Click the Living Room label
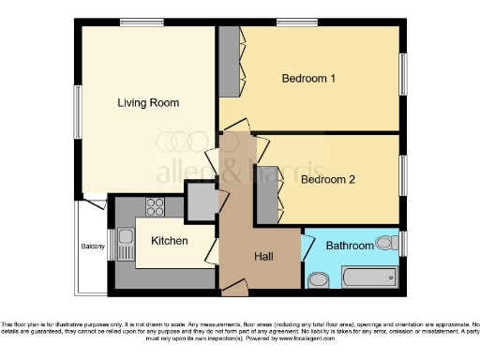[148, 102]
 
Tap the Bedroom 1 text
[308, 79]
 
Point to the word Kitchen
[170, 241]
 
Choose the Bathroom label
[349, 246]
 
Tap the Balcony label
[92, 247]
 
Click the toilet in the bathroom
[385, 243]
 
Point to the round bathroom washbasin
[318, 278]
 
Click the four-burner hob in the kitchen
[155, 207]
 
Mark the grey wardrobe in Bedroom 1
[229, 62]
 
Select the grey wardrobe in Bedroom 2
[266, 194]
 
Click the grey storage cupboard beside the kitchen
[201, 201]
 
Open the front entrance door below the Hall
[235, 290]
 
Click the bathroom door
[306, 247]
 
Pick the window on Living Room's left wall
[78, 112]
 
